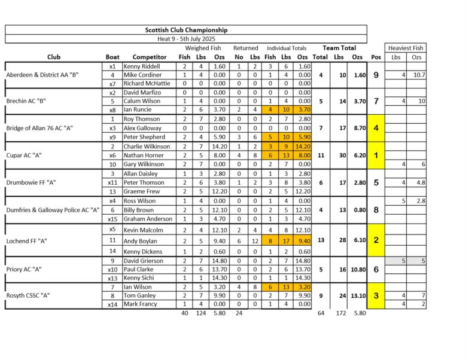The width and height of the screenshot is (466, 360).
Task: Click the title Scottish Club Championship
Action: [186, 29]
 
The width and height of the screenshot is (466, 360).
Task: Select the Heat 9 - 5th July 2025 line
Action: [186, 38]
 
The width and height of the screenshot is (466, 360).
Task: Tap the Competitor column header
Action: [145, 57]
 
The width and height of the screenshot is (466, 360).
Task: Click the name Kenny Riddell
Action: [142, 66]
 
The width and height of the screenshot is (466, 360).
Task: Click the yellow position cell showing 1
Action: [375, 155]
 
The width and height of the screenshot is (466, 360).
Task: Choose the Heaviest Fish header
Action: [406, 48]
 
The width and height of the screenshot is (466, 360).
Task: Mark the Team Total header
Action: [339, 48]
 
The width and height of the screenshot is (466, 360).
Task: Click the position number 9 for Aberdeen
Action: [375, 75]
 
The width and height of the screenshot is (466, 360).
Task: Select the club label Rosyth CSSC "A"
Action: [28, 295]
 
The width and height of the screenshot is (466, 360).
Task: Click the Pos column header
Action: [375, 57]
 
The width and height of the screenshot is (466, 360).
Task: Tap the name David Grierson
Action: [144, 261]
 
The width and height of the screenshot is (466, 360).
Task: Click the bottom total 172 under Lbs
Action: [339, 313]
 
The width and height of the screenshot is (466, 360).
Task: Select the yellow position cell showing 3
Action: [375, 295]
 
